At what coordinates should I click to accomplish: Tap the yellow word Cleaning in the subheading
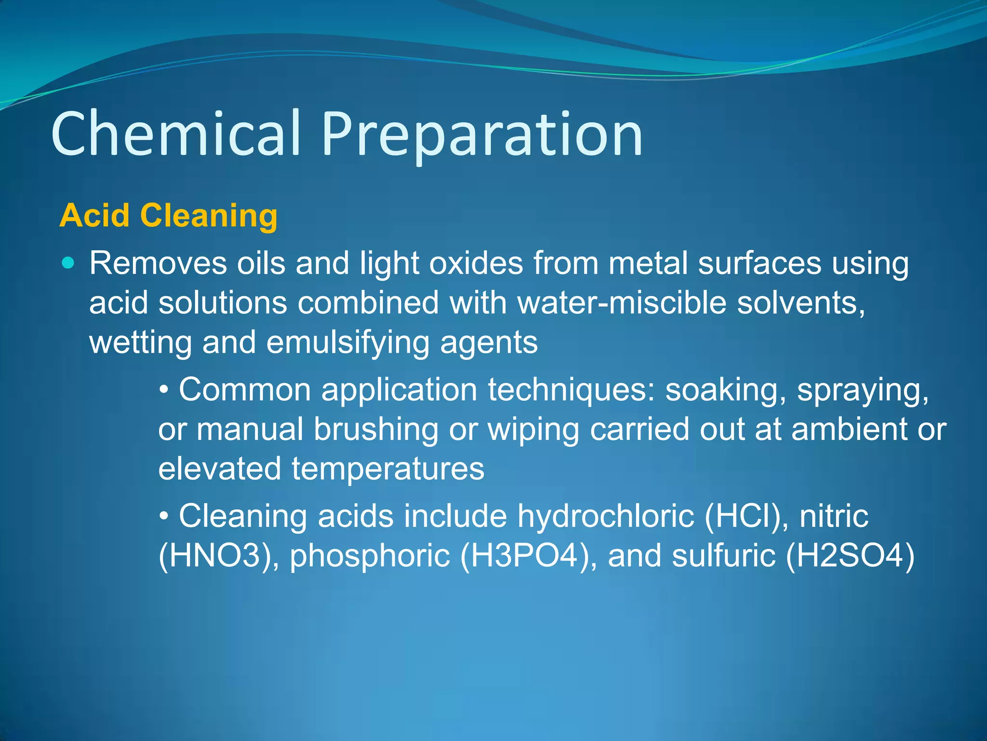[209, 216]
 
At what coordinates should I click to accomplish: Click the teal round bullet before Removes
[69, 263]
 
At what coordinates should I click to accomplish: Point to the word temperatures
[388, 469]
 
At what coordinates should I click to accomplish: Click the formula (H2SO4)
[850, 556]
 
